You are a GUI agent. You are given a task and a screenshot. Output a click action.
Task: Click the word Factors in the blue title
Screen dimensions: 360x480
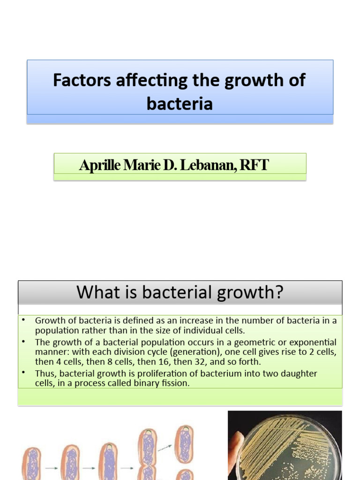point(82,80)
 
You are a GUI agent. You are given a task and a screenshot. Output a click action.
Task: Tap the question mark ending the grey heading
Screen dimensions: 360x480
point(279,292)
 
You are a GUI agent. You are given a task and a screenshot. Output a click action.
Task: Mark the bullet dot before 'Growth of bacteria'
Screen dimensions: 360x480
point(23,320)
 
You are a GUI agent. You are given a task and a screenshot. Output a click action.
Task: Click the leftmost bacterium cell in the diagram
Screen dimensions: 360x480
point(32,464)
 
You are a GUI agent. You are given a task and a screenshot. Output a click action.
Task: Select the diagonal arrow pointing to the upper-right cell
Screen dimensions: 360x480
point(165,448)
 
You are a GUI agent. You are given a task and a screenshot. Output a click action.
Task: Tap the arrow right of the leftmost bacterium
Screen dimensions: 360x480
point(52,468)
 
